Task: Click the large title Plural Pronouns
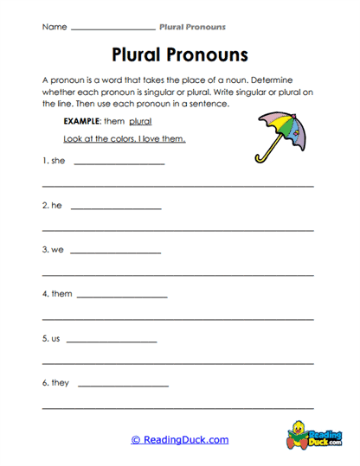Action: pyautogui.click(x=180, y=54)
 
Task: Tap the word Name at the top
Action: pyautogui.click(x=54, y=27)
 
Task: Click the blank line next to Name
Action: pyautogui.click(x=112, y=29)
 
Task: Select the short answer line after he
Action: pyautogui.click(x=115, y=209)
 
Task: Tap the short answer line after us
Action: pyautogui.click(x=111, y=342)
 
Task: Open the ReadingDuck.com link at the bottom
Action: pyautogui.click(x=180, y=440)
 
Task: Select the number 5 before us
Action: pyautogui.click(x=44, y=338)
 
